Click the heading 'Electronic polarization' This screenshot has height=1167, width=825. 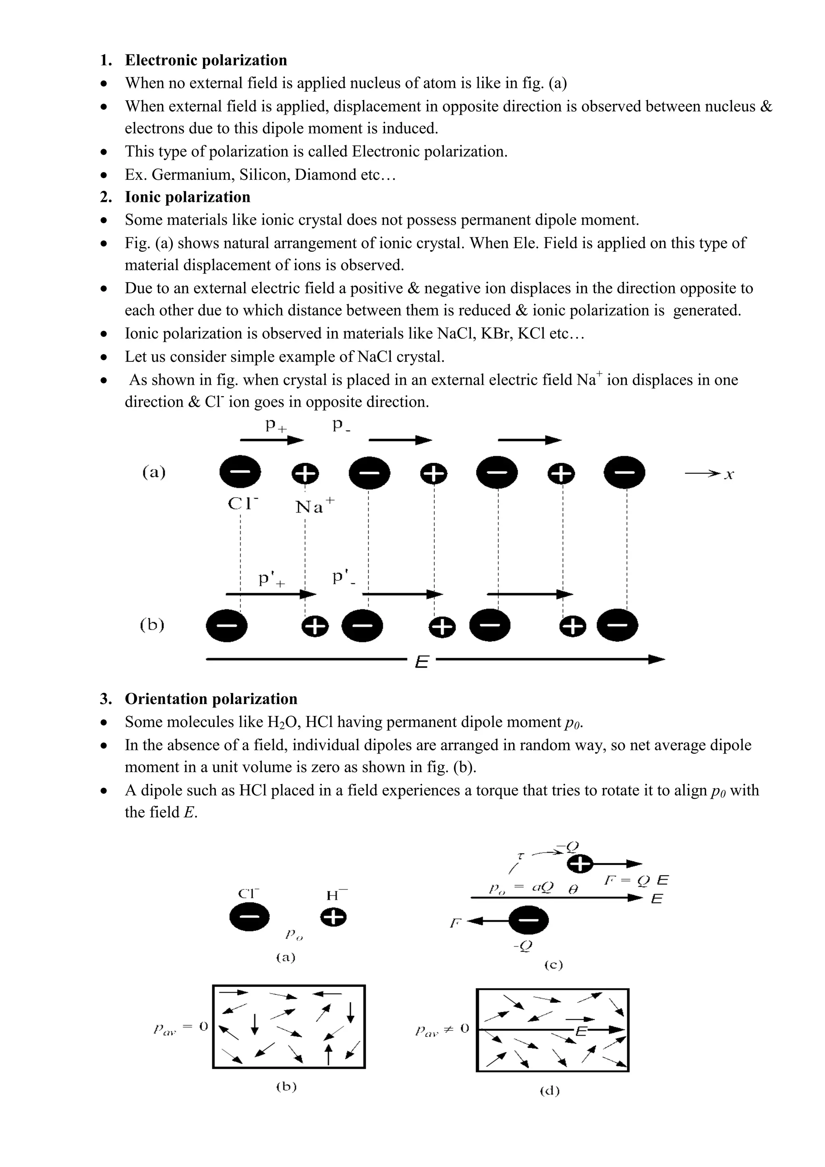click(x=206, y=60)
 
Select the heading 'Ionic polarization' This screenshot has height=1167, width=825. click(x=187, y=197)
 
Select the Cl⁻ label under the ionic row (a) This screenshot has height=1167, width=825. click(x=243, y=504)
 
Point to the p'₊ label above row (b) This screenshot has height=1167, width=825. click(x=271, y=579)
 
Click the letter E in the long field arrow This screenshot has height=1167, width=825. click(x=421, y=662)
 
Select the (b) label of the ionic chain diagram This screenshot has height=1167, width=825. click(x=152, y=624)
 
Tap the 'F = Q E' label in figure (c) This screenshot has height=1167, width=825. click(x=636, y=880)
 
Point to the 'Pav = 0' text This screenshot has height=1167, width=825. click(x=180, y=1027)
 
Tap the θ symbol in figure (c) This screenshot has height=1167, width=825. click(x=572, y=889)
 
